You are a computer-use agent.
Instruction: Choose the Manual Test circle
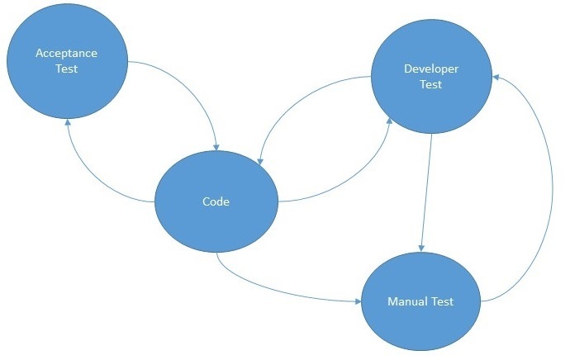[421, 301]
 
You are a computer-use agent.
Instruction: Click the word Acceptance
[67, 53]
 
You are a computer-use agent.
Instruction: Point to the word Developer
[430, 69]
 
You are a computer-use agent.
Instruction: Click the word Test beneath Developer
[430, 84]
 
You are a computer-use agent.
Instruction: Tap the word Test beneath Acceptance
[67, 69]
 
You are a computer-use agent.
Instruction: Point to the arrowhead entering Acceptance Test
[68, 121]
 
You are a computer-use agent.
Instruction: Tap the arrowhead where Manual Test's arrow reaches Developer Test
[497, 76]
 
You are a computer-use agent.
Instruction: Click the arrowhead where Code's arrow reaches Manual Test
[358, 301]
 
